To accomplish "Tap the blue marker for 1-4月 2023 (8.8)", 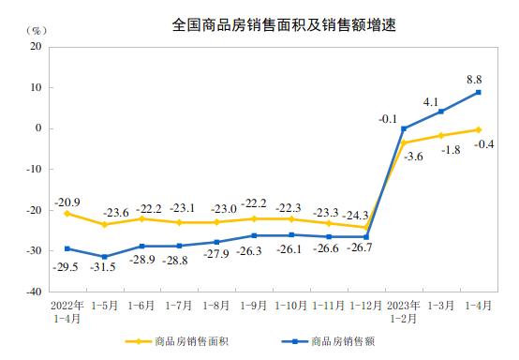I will pos(479,92).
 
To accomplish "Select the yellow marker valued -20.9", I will pos(67,214).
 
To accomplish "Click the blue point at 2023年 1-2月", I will pos(404,128).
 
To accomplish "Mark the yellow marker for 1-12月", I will pos(366,228).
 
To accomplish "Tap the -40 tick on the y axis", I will pos(39,292).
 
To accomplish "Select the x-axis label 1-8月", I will pos(216,307).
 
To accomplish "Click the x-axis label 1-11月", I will pos(328,307).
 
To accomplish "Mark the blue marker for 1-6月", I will pos(141,247).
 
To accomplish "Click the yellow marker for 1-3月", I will pos(441,136).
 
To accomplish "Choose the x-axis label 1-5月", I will pos(104,307).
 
